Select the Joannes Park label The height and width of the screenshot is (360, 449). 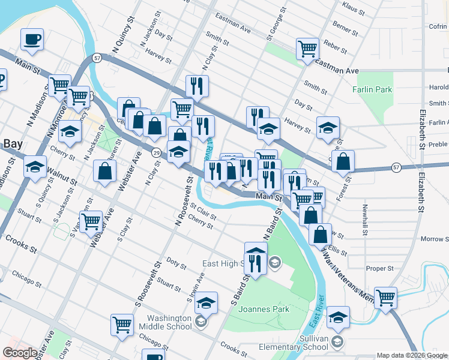(x=264, y=310)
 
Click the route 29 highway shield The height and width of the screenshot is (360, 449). (x=155, y=153)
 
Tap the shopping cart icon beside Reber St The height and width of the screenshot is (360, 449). (x=307, y=47)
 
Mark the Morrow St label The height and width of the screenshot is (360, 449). (x=435, y=239)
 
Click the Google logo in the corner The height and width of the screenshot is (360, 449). (x=20, y=353)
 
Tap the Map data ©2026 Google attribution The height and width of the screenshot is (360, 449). (x=412, y=356)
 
